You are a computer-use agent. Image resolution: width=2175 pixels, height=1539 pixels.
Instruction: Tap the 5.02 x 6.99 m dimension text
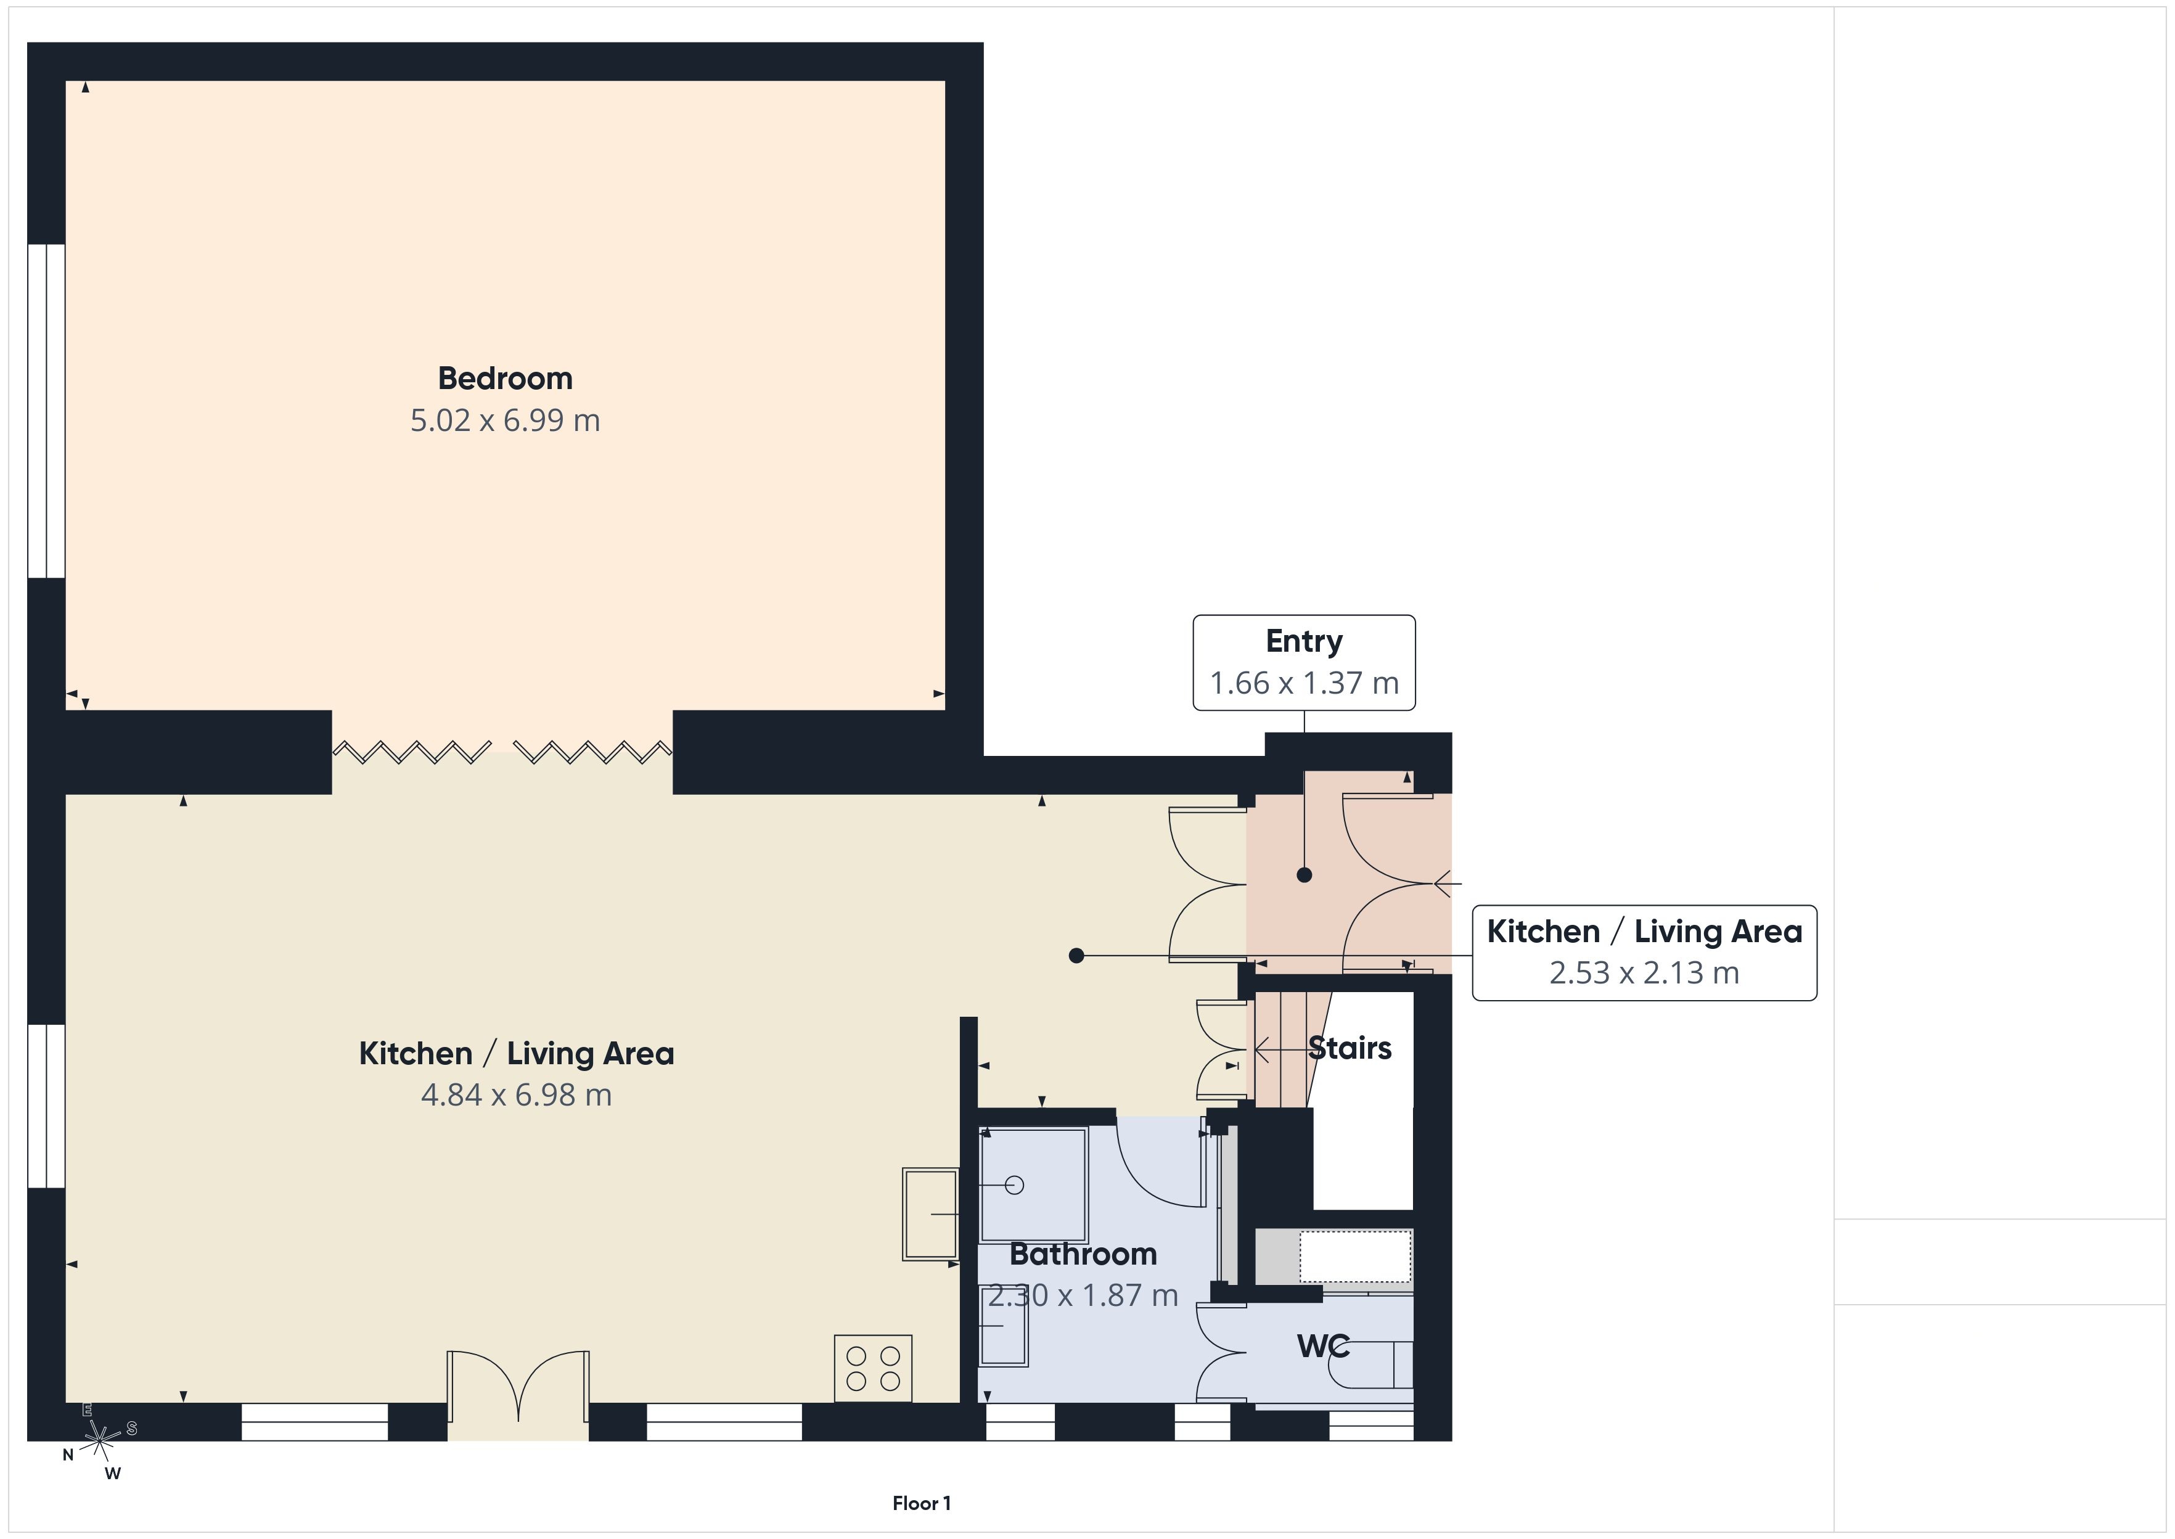tap(505, 421)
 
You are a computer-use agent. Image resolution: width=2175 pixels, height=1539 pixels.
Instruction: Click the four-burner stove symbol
tap(872, 1368)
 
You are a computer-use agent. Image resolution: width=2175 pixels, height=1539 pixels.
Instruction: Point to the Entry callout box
tap(1303, 662)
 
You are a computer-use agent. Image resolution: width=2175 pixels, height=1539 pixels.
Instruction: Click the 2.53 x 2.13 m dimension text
tap(1644, 973)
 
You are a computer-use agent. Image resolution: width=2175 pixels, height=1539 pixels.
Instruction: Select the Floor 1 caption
tap(921, 1503)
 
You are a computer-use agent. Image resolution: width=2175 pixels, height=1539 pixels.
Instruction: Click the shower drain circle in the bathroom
tap(1015, 1184)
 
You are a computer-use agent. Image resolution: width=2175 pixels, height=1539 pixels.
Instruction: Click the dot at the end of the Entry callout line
tap(1303, 875)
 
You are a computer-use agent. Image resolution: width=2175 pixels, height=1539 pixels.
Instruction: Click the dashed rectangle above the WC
tap(1354, 1257)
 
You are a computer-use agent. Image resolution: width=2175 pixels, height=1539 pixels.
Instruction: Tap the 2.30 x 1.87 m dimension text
tap(1083, 1295)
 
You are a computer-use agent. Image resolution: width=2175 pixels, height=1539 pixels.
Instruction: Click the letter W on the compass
tap(113, 1474)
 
